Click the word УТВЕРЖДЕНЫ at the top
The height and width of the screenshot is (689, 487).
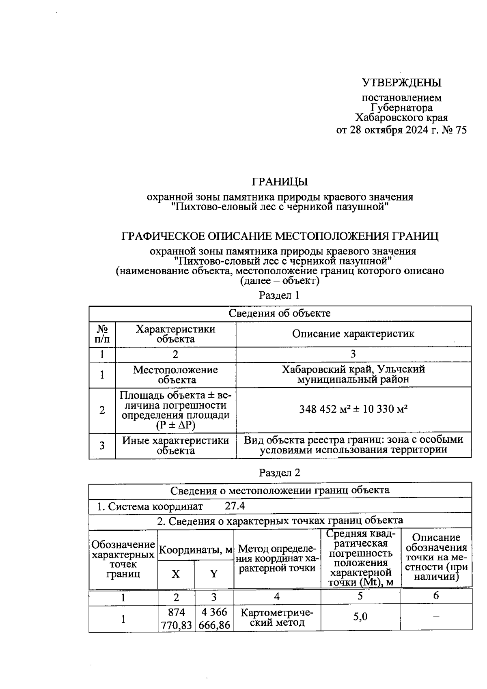[x=401, y=83]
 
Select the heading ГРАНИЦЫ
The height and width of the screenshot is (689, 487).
[x=280, y=181]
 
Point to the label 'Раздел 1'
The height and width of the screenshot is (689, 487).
[x=279, y=295]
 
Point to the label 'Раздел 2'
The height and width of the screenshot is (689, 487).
[x=279, y=472]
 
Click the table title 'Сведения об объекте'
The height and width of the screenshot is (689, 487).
[x=280, y=313]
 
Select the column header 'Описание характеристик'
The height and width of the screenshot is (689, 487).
[x=353, y=334]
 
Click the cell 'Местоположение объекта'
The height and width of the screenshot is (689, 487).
[x=175, y=375]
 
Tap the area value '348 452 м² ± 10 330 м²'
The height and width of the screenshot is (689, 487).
[x=353, y=409]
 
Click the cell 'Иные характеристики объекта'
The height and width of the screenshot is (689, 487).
[x=175, y=446]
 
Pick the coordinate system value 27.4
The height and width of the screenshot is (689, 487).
[x=235, y=506]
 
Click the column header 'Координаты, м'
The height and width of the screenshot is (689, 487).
[x=196, y=551]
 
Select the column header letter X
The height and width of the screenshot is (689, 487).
[x=175, y=574]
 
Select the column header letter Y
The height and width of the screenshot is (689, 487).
[x=213, y=574]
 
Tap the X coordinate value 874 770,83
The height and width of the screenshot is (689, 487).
[x=176, y=619]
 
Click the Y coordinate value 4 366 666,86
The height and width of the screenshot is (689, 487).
[x=214, y=619]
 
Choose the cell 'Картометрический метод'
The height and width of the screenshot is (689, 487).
[x=277, y=617]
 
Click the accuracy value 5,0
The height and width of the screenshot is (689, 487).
[x=360, y=617]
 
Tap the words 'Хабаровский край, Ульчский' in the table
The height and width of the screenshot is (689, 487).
[x=353, y=369]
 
